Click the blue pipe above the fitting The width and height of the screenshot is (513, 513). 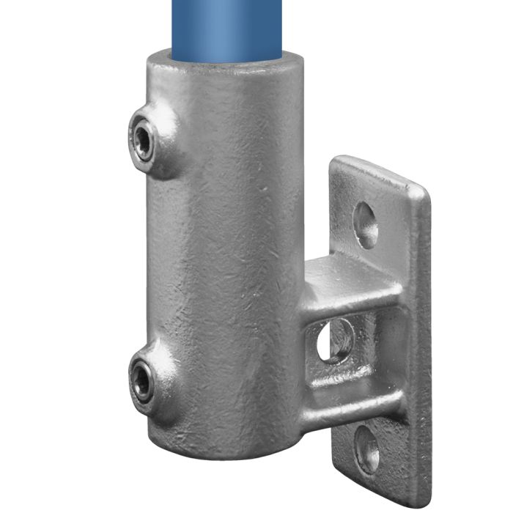tap(227, 26)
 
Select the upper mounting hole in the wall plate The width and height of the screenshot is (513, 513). tap(366, 224)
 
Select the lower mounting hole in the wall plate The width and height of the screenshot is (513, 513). tap(366, 449)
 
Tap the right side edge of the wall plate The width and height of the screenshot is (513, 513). tap(423, 344)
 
